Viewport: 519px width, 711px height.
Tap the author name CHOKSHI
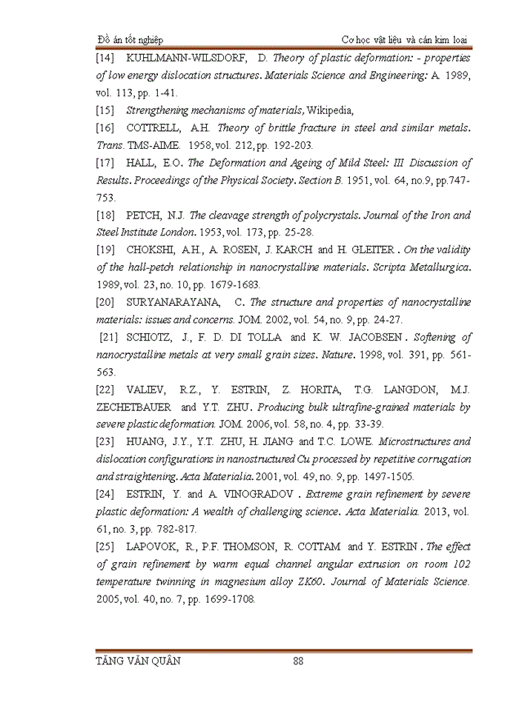point(151,250)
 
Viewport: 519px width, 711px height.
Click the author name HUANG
point(148,442)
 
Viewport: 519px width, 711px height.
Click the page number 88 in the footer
point(299,661)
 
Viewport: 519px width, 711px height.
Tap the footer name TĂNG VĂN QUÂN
point(139,661)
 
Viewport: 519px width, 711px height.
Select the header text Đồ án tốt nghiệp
point(130,39)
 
